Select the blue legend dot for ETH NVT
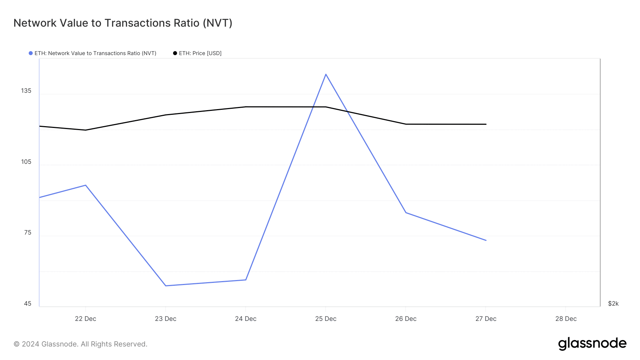[x=31, y=53]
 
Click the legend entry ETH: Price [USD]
[x=197, y=53]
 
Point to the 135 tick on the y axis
[x=26, y=91]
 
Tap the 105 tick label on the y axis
[x=26, y=162]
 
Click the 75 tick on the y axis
[x=28, y=232]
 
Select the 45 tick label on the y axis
[x=28, y=303]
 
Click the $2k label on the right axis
[x=613, y=303]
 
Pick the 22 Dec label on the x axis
[x=85, y=319]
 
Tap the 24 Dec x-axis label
[x=246, y=319]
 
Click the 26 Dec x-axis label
[x=406, y=319]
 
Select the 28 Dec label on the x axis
[x=566, y=319]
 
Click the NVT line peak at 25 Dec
[x=326, y=74]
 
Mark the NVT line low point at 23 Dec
[x=166, y=286]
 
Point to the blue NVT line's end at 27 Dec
[x=486, y=240]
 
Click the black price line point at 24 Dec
[x=246, y=107]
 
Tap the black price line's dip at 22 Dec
[x=85, y=130]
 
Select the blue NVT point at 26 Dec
[x=406, y=213]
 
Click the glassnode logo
[x=592, y=344]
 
